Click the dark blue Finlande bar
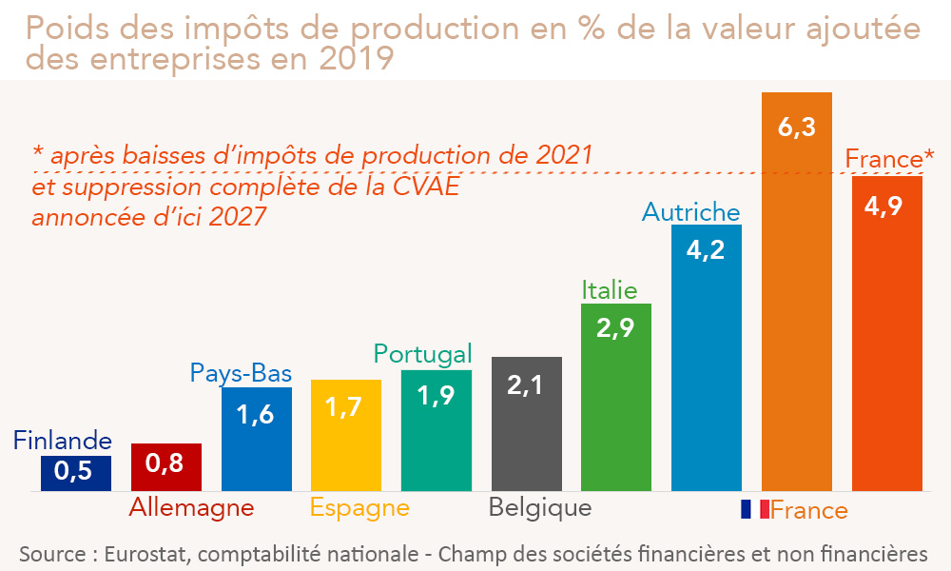coord(76,473)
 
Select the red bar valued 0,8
coord(165,467)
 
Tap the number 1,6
coord(256,415)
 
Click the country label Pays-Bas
coord(241,373)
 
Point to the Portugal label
coord(422,355)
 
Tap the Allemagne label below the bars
coord(192,507)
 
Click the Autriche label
coord(690,211)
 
